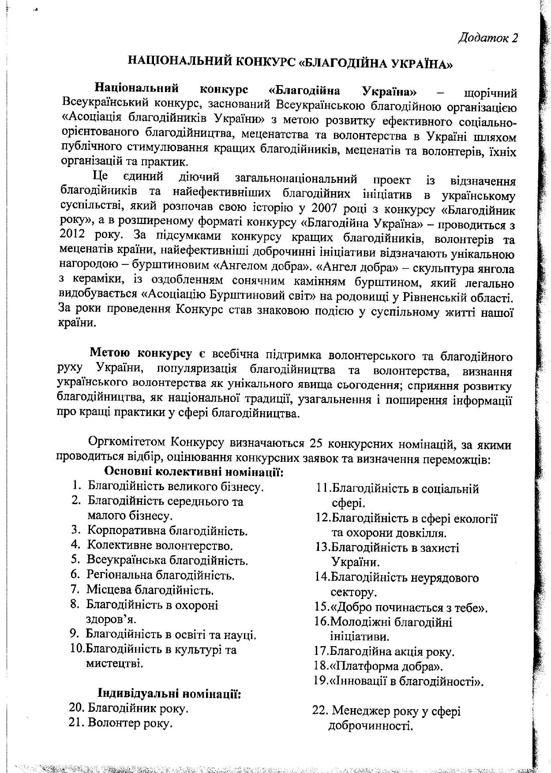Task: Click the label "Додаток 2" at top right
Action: (x=487, y=38)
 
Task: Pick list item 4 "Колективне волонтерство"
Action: (x=160, y=546)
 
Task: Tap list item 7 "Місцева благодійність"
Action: (x=150, y=589)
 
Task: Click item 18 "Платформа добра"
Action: (x=386, y=666)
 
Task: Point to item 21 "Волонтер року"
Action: (x=130, y=723)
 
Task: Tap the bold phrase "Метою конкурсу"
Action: (x=141, y=353)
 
